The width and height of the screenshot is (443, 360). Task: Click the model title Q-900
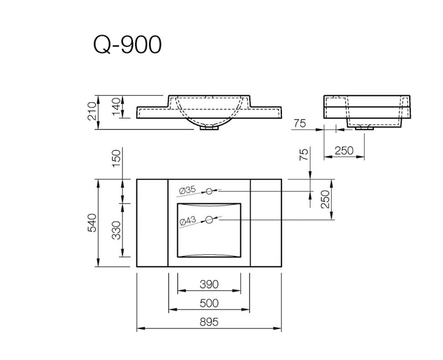point(127,45)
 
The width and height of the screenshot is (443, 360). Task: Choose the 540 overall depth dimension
point(92,223)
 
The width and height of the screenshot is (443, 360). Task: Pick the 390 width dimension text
point(209,285)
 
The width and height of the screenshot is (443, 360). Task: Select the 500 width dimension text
point(209,303)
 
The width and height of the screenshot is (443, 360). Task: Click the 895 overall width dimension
point(209,322)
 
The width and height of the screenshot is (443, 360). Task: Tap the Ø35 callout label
point(187,190)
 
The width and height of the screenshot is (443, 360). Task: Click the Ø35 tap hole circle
point(210,191)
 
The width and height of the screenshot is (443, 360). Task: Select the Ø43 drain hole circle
point(209,220)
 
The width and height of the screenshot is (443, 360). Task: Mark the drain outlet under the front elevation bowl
point(209,128)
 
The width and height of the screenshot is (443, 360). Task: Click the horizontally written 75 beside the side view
point(300,124)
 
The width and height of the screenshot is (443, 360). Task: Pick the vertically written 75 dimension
point(303,155)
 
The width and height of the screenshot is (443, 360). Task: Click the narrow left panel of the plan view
point(152,223)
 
